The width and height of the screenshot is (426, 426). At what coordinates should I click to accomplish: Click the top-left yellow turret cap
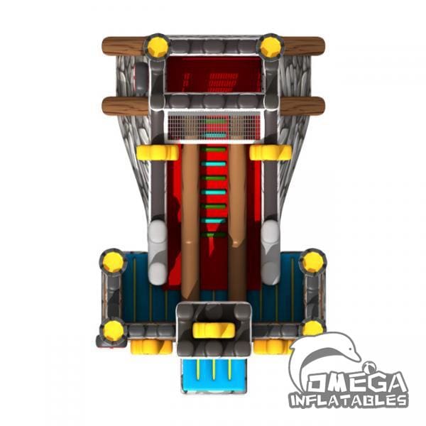click(x=158, y=46)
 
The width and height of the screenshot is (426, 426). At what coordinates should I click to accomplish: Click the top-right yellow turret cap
click(x=271, y=46)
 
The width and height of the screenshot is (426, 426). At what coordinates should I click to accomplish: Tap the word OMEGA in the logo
click(x=358, y=383)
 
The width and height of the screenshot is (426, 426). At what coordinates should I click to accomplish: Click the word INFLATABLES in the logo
click(x=349, y=400)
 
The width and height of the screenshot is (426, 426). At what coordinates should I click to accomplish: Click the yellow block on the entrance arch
click(x=214, y=330)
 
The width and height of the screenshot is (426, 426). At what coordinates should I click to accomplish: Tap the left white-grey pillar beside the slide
click(x=158, y=253)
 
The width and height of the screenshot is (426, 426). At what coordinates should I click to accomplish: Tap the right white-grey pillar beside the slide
click(x=271, y=253)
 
